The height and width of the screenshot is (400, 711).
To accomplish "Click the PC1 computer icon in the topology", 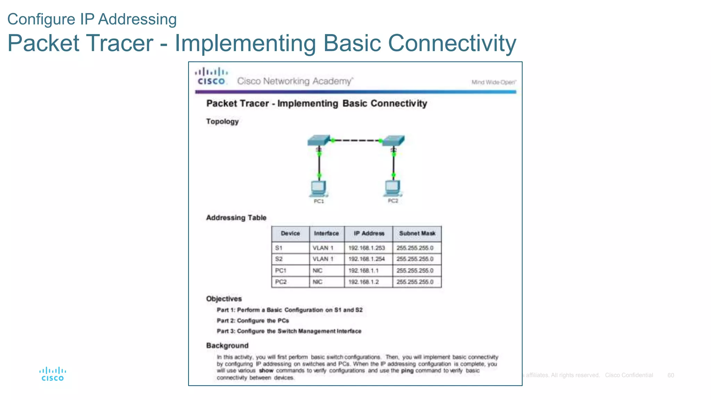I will click(x=318, y=189).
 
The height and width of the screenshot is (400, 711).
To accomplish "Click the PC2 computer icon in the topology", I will click(x=393, y=188).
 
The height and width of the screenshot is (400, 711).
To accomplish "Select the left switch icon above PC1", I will click(x=318, y=140).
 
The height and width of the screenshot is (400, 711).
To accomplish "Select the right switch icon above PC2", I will click(x=393, y=141).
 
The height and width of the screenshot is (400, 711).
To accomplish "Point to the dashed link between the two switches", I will click(x=356, y=140).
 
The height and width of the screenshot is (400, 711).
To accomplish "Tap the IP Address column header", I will click(x=369, y=233).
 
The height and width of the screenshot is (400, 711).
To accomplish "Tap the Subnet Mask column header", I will click(x=417, y=233).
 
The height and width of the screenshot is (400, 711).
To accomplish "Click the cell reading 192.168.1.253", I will click(x=367, y=248).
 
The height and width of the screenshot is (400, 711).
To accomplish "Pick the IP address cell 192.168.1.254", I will click(x=367, y=259).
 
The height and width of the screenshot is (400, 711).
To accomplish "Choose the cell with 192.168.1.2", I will click(x=363, y=282).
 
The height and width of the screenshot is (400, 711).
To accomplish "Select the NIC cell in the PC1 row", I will click(x=318, y=270).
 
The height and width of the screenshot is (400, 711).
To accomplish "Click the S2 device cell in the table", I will click(x=279, y=259).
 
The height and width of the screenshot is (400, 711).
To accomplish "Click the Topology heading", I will click(x=222, y=122).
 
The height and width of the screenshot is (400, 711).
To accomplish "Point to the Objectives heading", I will click(x=224, y=299).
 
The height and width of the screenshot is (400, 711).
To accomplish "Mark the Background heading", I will click(x=227, y=345).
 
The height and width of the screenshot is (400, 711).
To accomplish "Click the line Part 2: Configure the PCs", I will click(x=253, y=320).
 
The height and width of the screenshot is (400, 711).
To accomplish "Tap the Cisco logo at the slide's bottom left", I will click(x=52, y=374).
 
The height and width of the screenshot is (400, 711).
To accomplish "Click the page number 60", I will click(x=671, y=375).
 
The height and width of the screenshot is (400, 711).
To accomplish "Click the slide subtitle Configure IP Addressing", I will click(x=92, y=19).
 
